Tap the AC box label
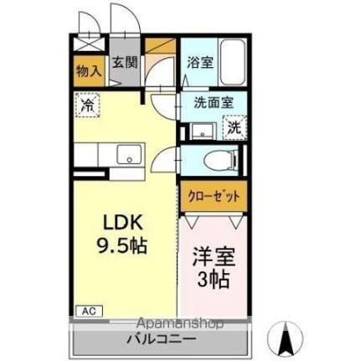pos(88,311)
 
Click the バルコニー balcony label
pos(162,339)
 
